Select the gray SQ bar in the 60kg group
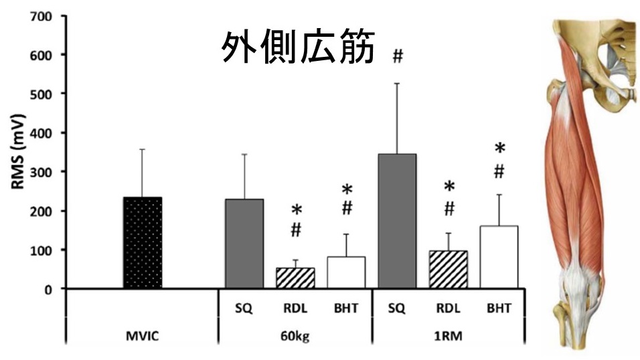[x=244, y=244]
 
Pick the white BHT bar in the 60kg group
[x=346, y=272]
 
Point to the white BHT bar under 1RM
[x=499, y=257]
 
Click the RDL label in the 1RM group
[x=449, y=308]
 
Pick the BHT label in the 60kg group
[x=346, y=308]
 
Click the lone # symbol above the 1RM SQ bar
[x=398, y=56]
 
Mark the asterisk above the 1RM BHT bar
[x=499, y=149]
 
